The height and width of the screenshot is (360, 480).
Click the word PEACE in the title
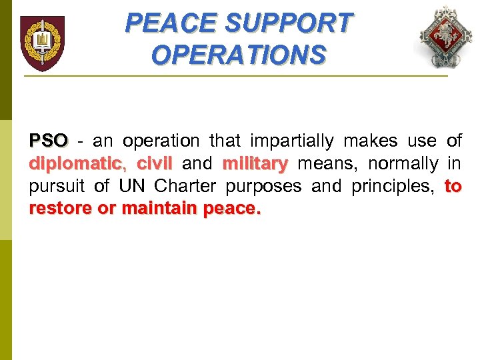click(x=171, y=24)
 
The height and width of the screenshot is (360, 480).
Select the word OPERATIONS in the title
click(x=239, y=55)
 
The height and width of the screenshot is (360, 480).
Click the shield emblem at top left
click(x=42, y=43)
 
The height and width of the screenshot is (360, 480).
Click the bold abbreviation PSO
click(x=49, y=141)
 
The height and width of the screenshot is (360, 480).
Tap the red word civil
click(x=154, y=163)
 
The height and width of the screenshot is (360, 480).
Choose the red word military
click(x=255, y=163)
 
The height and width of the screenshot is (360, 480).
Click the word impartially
click(x=291, y=141)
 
